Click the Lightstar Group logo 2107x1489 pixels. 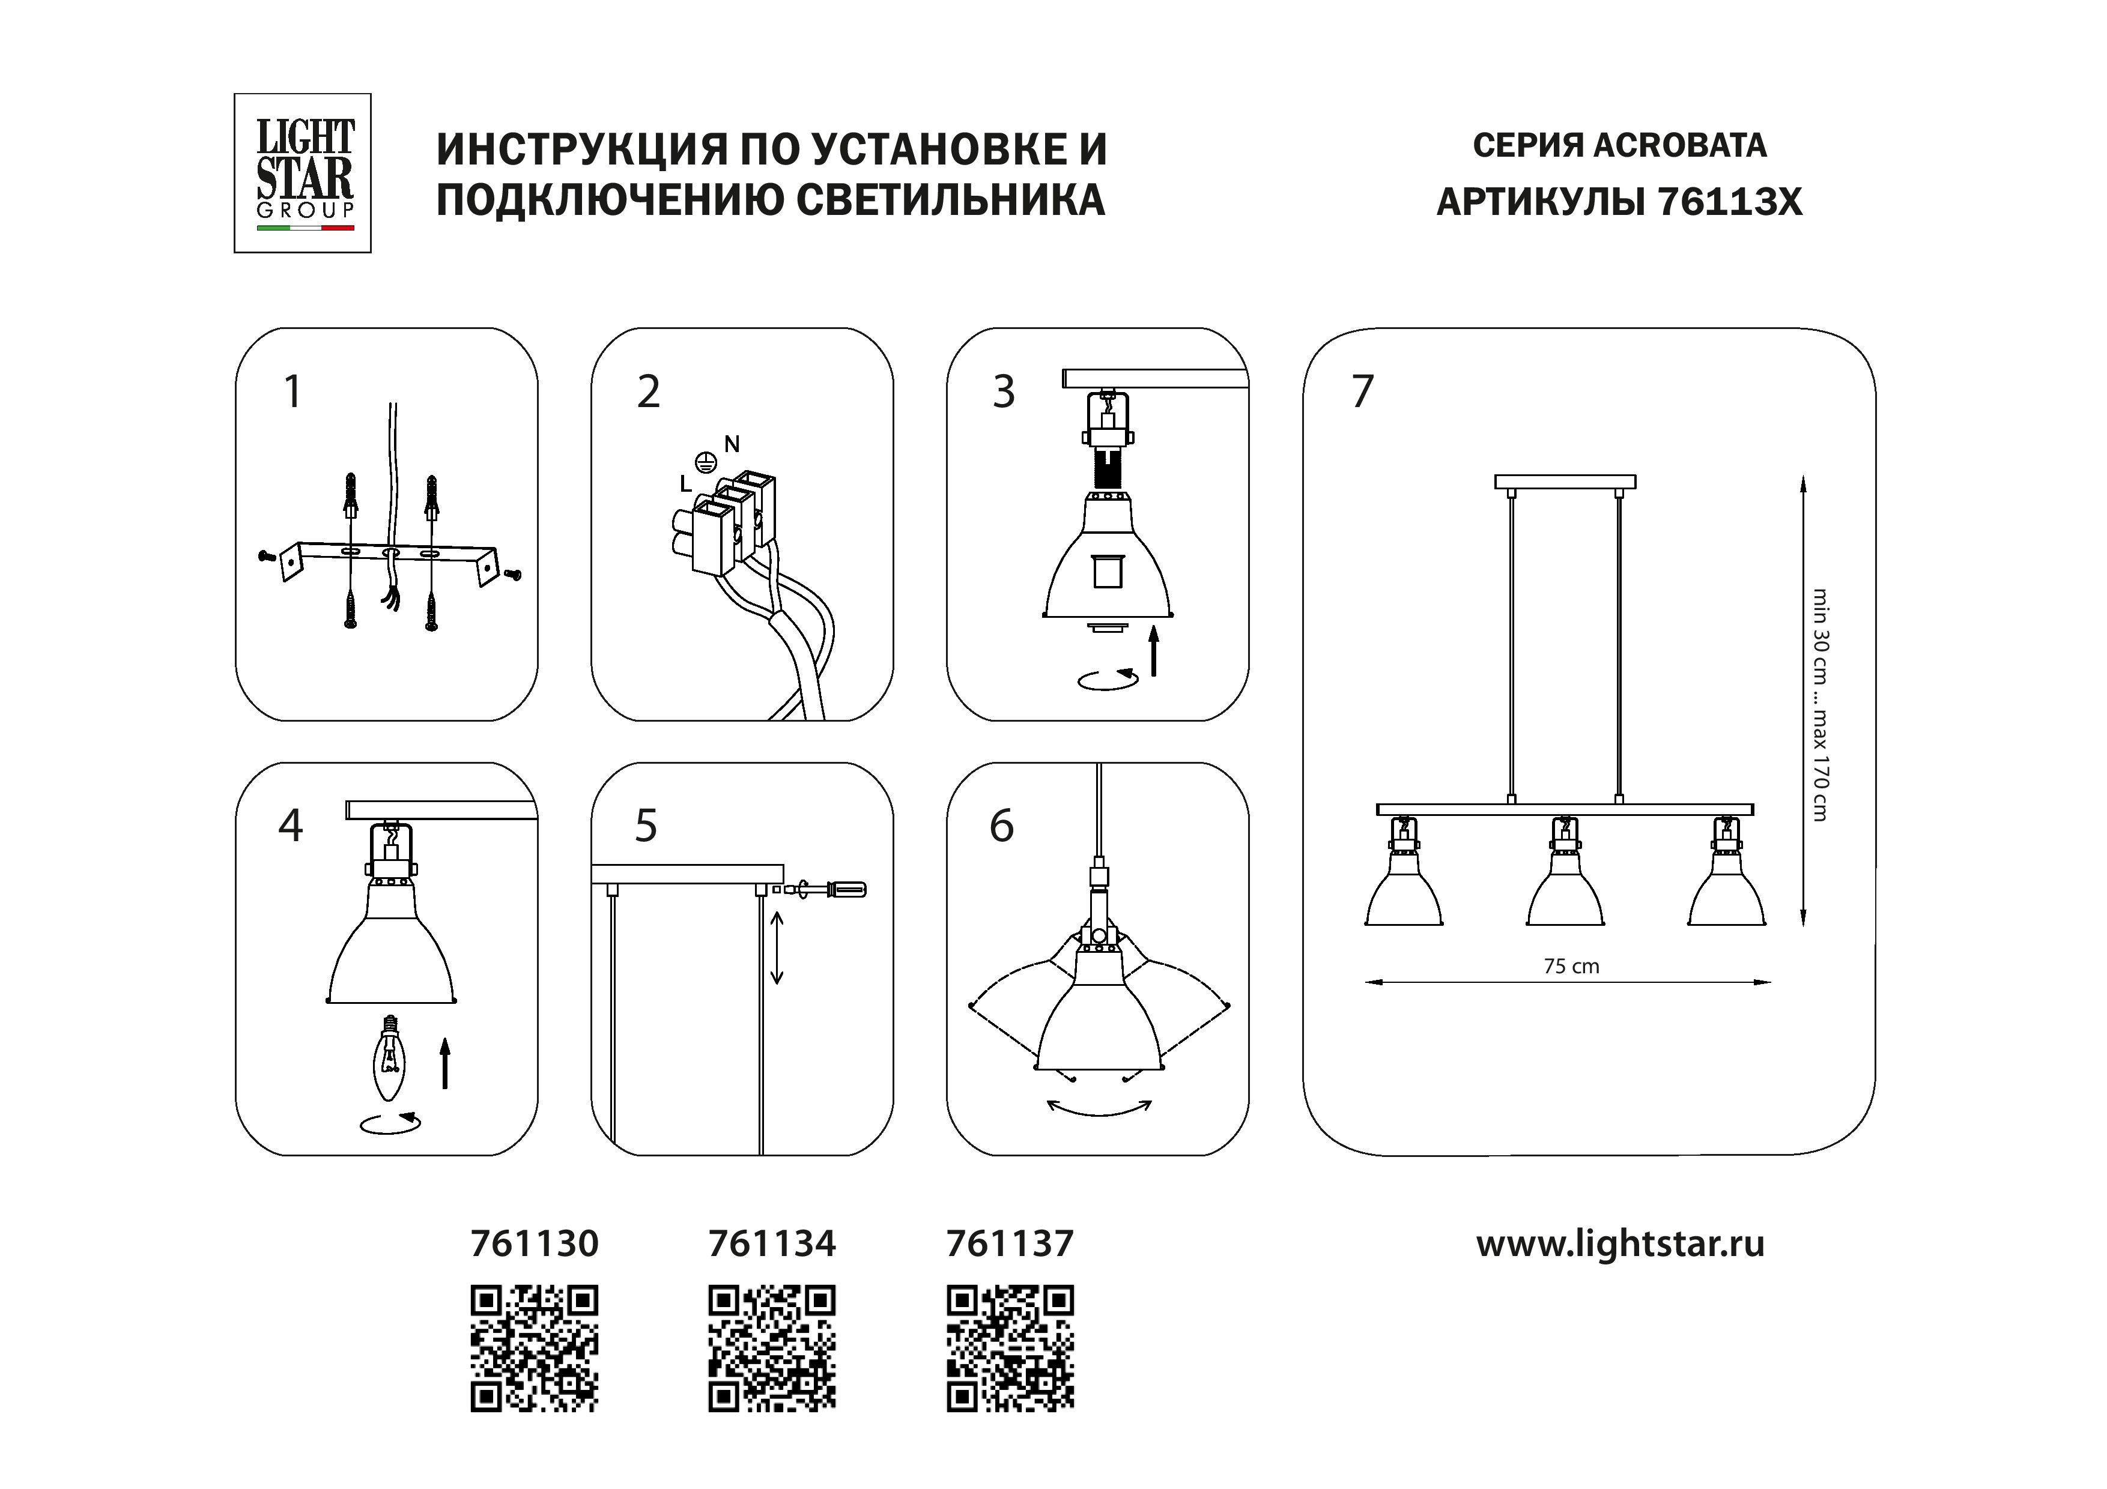tap(303, 172)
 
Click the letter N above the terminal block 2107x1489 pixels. tap(732, 445)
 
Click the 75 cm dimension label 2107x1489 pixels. tap(1571, 966)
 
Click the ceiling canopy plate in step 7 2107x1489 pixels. tap(1565, 482)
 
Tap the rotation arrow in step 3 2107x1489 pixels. tap(1108, 680)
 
